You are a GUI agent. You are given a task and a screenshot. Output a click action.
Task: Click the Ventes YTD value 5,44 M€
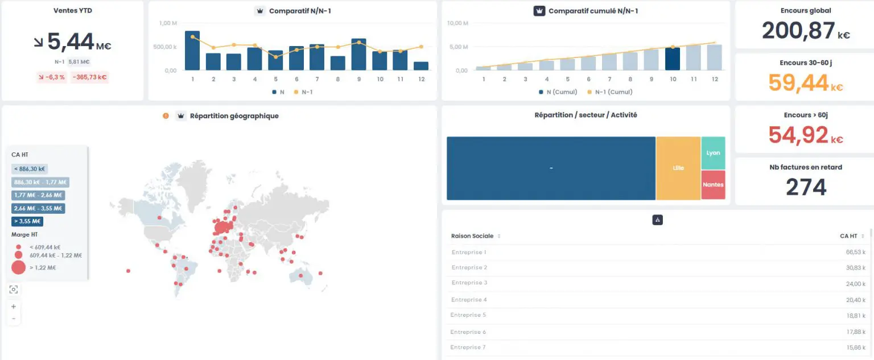tap(73, 42)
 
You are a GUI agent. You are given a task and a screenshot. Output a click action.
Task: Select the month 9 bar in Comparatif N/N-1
tap(358, 55)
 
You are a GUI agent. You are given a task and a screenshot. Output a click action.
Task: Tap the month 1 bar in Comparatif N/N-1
tap(192, 51)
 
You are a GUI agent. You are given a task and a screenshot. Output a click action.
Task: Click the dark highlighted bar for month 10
tap(673, 59)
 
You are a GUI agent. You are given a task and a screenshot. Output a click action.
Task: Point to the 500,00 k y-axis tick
tap(165, 47)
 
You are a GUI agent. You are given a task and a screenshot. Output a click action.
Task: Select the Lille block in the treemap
tap(678, 168)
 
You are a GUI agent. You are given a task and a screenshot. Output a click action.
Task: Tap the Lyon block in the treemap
tap(713, 153)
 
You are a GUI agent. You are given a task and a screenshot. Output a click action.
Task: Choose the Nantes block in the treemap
tap(713, 185)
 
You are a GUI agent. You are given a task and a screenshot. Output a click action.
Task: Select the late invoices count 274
tap(806, 187)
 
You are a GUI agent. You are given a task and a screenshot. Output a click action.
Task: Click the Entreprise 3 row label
tap(469, 283)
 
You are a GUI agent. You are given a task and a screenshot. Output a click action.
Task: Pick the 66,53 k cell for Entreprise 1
tap(855, 252)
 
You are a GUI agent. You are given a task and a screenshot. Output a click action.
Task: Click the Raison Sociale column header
tap(472, 236)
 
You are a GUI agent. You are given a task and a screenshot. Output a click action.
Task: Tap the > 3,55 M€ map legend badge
tap(27, 222)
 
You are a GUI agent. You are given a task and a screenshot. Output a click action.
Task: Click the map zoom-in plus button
tap(14, 307)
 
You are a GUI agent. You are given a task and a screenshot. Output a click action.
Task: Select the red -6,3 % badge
tap(52, 77)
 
